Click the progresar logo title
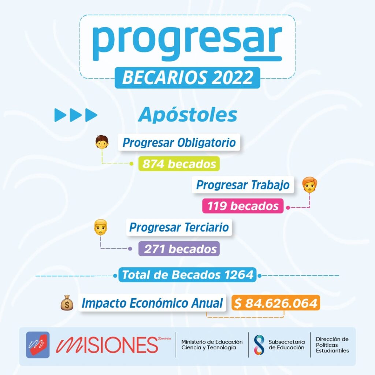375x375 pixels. pyautogui.click(x=187, y=43)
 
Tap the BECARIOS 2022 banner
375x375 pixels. pyautogui.click(x=187, y=78)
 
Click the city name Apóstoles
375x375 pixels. pyautogui.click(x=187, y=115)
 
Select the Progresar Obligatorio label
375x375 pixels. pyautogui.click(x=179, y=142)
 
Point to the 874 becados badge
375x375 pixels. pyautogui.click(x=179, y=164)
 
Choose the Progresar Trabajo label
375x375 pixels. pyautogui.click(x=243, y=185)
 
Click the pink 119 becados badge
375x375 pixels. pyautogui.click(x=243, y=206)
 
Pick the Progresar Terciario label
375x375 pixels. pyautogui.click(x=179, y=227)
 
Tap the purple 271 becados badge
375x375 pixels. pyautogui.click(x=179, y=249)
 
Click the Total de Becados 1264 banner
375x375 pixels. pyautogui.click(x=187, y=275)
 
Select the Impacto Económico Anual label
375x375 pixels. pyautogui.click(x=152, y=303)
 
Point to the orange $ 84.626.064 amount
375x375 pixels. pyautogui.click(x=276, y=303)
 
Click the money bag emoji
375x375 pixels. pyautogui.click(x=67, y=303)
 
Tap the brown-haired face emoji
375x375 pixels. pyautogui.click(x=102, y=142)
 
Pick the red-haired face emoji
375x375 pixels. pyautogui.click(x=310, y=185)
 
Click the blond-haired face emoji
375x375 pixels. pyautogui.click(x=101, y=227)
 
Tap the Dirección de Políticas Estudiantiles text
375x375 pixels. pyautogui.click(x=332, y=345)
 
